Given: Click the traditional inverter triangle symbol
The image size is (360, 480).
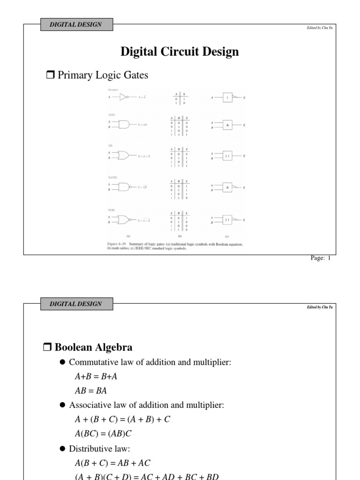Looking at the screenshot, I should (x=124, y=97).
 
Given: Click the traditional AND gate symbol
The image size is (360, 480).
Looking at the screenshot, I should (x=124, y=125).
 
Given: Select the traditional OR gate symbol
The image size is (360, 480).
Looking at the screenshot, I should (x=124, y=155).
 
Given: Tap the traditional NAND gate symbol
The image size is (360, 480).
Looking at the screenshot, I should (x=125, y=187).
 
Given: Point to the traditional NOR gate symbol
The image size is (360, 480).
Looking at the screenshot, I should (x=125, y=219).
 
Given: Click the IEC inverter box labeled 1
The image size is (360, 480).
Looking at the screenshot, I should (x=227, y=97).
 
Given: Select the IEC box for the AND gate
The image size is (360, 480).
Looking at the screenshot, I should (x=227, y=125).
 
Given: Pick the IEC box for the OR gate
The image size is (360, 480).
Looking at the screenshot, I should (x=227, y=155).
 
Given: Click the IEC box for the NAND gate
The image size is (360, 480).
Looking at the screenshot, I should (x=227, y=187).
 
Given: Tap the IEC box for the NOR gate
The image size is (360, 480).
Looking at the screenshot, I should (x=227, y=219).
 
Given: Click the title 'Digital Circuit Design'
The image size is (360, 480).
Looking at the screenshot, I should (x=180, y=52).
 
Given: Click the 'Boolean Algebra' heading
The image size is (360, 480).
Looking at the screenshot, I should (x=93, y=347).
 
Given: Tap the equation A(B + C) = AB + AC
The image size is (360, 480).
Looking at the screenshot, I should (x=112, y=463).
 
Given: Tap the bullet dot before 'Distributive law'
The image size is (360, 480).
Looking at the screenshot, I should (x=62, y=449).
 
